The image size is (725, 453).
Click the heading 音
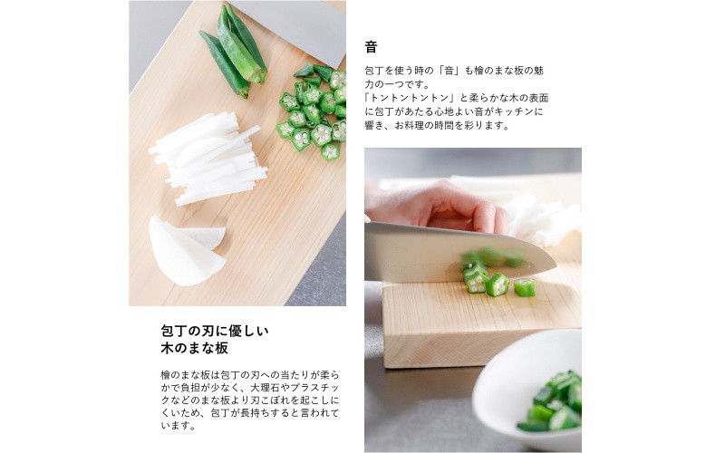(371, 47)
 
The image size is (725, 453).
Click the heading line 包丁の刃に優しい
(215, 331)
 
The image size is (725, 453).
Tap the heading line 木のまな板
(194, 348)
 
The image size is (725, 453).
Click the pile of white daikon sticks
(209, 158)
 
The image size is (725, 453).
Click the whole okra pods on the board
(235, 52)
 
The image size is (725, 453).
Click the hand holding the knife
(435, 207)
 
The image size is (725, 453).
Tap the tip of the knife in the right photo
(556, 265)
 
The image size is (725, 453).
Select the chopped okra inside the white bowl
(553, 403)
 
